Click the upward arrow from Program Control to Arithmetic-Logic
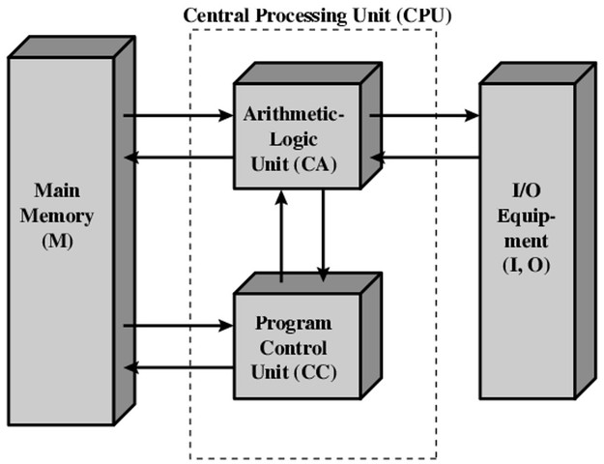pyautogui.click(x=281, y=237)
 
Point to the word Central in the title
pyautogui.click(x=214, y=15)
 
